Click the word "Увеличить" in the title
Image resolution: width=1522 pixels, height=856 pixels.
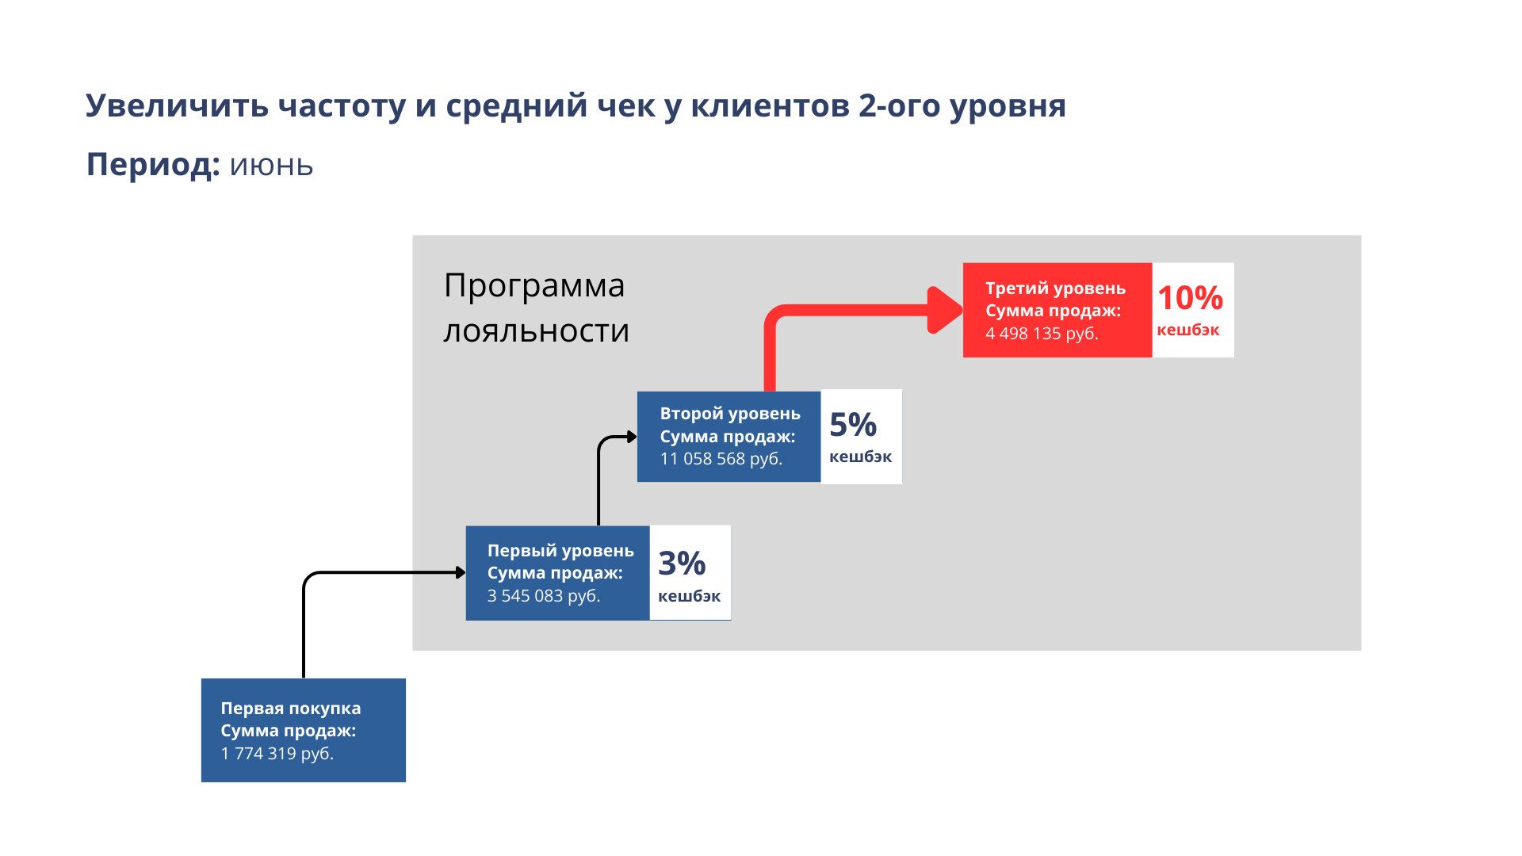(x=177, y=105)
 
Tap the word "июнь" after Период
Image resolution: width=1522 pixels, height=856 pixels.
(x=271, y=166)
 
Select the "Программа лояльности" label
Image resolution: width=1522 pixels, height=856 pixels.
(x=536, y=308)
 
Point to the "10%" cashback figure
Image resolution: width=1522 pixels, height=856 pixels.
(x=1190, y=298)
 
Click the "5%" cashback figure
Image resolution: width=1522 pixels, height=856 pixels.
(x=853, y=425)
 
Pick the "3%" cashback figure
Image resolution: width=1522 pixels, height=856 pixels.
(x=682, y=564)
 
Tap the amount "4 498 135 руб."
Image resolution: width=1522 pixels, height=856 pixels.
(x=1042, y=334)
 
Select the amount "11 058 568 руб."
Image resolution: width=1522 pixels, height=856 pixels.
(x=721, y=459)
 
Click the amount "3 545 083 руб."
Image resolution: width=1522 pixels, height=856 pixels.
(x=543, y=596)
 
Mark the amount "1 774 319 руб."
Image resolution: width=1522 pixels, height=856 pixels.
(x=277, y=754)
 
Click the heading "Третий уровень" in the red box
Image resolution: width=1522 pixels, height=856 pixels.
(x=1055, y=289)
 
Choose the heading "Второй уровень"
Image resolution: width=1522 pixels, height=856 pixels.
(x=730, y=414)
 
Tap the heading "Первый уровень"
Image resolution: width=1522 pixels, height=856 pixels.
(x=560, y=551)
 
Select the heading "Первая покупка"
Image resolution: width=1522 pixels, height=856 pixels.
(x=290, y=709)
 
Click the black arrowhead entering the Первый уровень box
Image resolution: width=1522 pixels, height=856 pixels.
(x=461, y=572)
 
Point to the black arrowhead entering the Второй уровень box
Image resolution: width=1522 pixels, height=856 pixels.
(x=632, y=437)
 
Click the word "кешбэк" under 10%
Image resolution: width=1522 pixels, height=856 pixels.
(x=1187, y=331)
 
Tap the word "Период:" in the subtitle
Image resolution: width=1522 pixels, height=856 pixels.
(x=153, y=165)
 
